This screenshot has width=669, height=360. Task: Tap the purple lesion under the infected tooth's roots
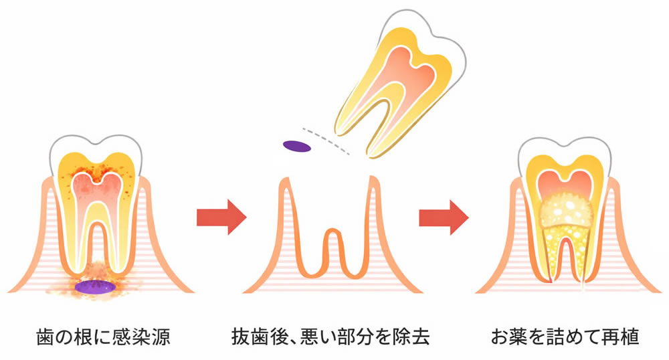coord(94,286)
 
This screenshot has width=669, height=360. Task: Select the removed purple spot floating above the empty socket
coord(296,145)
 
